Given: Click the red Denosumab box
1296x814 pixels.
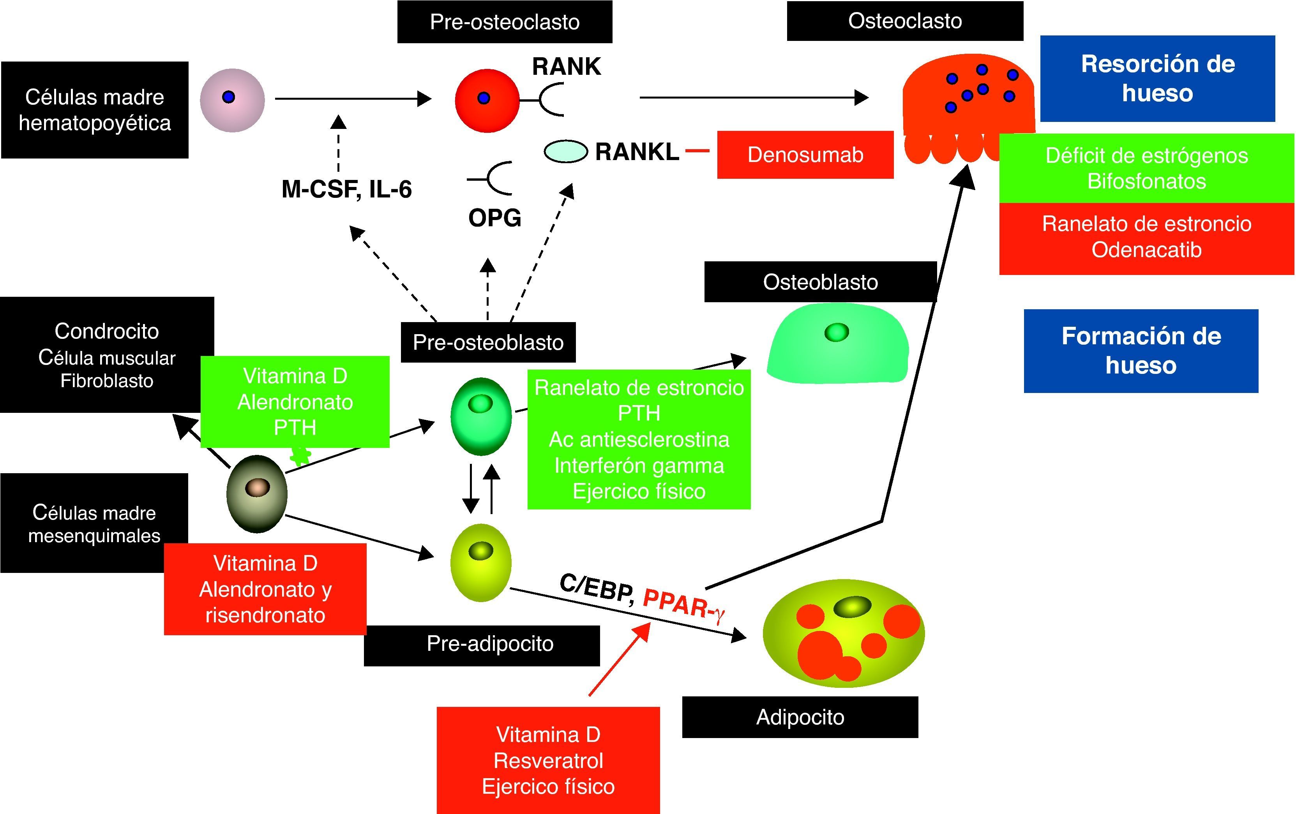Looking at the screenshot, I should pyautogui.click(x=805, y=155).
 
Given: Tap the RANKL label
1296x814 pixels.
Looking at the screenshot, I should pyautogui.click(x=637, y=152).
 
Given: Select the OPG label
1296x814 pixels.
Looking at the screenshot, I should pyautogui.click(x=494, y=218).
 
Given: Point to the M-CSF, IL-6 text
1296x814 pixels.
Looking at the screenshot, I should pyautogui.click(x=347, y=189).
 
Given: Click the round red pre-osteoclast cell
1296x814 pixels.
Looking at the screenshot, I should pyautogui.click(x=487, y=100).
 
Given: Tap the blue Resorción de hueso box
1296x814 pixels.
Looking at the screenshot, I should pyautogui.click(x=1157, y=79).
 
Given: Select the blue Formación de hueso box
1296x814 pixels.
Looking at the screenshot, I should pyautogui.click(x=1141, y=351).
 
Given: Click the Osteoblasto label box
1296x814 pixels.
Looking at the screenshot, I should pyautogui.click(x=820, y=282).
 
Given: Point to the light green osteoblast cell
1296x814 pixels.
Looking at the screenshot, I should pyautogui.click(x=837, y=344).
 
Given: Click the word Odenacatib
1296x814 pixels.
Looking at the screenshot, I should pyautogui.click(x=1146, y=250).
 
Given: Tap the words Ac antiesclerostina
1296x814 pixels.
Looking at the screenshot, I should pyautogui.click(x=639, y=440).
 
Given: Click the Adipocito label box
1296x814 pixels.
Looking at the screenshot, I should pyautogui.click(x=800, y=717).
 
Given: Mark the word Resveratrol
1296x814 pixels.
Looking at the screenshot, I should pyautogui.click(x=548, y=761).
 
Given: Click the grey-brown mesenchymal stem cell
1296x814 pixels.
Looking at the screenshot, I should pyautogui.click(x=257, y=494).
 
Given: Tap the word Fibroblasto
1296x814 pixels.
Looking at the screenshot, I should pyautogui.click(x=106, y=381).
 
